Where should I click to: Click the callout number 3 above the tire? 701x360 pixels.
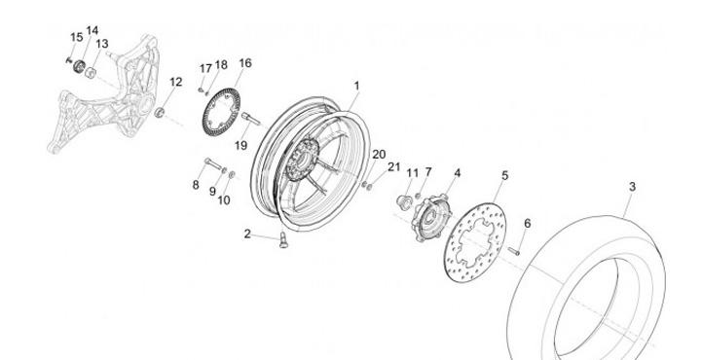[632, 187]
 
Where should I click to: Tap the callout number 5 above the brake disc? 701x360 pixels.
[504, 175]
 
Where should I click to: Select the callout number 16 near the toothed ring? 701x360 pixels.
[245, 63]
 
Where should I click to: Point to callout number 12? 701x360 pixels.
[175, 82]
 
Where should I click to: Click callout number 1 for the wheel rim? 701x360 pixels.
[356, 86]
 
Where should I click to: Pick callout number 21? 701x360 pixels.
[393, 167]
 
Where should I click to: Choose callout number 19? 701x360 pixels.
[240, 146]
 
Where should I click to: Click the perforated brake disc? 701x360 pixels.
[475, 243]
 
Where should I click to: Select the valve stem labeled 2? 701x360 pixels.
[283, 239]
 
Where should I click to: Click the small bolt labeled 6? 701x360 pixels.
[514, 251]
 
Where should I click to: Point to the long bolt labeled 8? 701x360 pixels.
[213, 163]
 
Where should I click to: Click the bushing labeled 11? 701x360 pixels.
[405, 202]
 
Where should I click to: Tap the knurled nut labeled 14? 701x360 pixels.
[80, 66]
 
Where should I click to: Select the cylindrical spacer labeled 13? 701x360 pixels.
[91, 72]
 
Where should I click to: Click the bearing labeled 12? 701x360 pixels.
[160, 112]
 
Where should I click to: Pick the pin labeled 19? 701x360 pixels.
[251, 119]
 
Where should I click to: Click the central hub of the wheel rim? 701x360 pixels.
[301, 160]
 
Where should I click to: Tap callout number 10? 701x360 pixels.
[224, 200]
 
